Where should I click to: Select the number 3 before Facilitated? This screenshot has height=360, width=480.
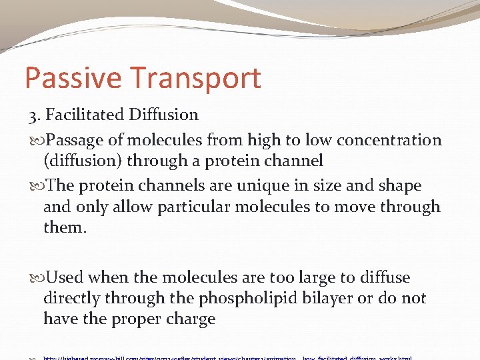point(33,115)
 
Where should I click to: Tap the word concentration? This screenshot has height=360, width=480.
point(389,140)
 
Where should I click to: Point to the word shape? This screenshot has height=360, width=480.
point(398,186)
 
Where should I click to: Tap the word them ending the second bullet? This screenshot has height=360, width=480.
point(64,227)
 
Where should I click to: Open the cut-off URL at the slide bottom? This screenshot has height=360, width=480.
point(227,357)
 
